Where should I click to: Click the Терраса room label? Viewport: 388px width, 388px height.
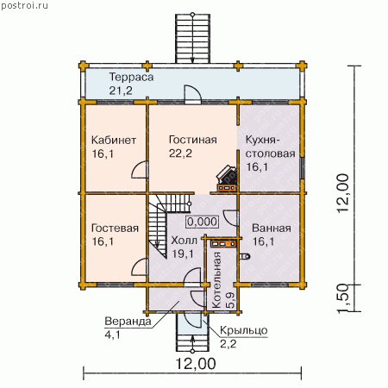[131, 77]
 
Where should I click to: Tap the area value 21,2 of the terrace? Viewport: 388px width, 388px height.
[121, 91]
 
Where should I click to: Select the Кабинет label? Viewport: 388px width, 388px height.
[114, 140]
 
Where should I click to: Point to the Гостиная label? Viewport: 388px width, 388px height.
[193, 140]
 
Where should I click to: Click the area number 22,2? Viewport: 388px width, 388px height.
[180, 153]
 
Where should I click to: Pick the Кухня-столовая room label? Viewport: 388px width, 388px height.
[270, 147]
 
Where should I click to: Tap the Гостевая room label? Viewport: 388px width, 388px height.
[115, 228]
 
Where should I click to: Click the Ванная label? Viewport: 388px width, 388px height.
[272, 228]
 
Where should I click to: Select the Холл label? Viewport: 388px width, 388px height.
[185, 241]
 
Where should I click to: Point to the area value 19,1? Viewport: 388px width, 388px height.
[183, 254]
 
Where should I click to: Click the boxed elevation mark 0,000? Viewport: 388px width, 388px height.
[202, 222]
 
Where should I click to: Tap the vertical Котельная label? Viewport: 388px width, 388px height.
[216, 280]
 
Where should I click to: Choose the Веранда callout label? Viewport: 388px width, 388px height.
[128, 322]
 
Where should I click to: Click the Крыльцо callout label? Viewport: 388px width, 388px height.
[244, 330]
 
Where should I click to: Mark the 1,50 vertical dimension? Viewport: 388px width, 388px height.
[343, 298]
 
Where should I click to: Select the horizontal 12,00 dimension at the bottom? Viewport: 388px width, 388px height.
[196, 364]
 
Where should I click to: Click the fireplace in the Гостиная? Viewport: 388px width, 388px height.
[227, 178]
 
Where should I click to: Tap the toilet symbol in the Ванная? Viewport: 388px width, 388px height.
[245, 256]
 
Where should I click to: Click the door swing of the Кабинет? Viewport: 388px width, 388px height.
[140, 170]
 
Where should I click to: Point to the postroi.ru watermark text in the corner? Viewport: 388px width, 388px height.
[24, 6]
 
